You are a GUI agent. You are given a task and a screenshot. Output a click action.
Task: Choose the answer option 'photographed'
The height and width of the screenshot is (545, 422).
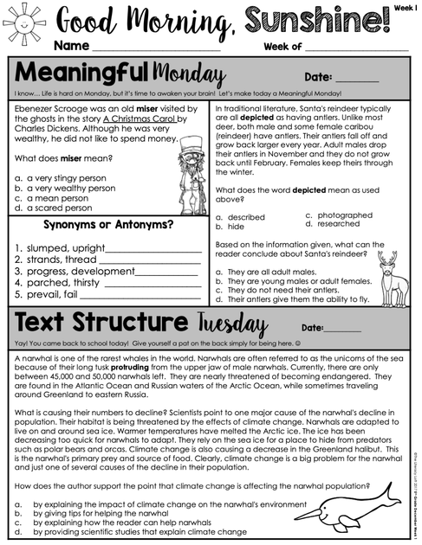point(344,215)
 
